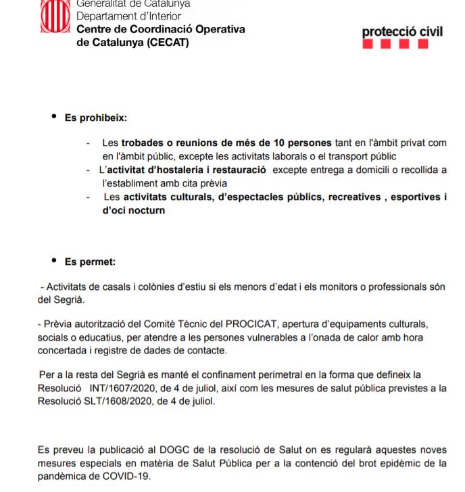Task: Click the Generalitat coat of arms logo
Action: [x=55, y=15]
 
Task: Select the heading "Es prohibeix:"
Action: [x=96, y=118]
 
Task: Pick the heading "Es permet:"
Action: [x=90, y=261]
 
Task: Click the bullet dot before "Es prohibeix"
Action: [x=54, y=117]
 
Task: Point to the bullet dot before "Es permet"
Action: [x=54, y=260]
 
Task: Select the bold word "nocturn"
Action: [x=145, y=210]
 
